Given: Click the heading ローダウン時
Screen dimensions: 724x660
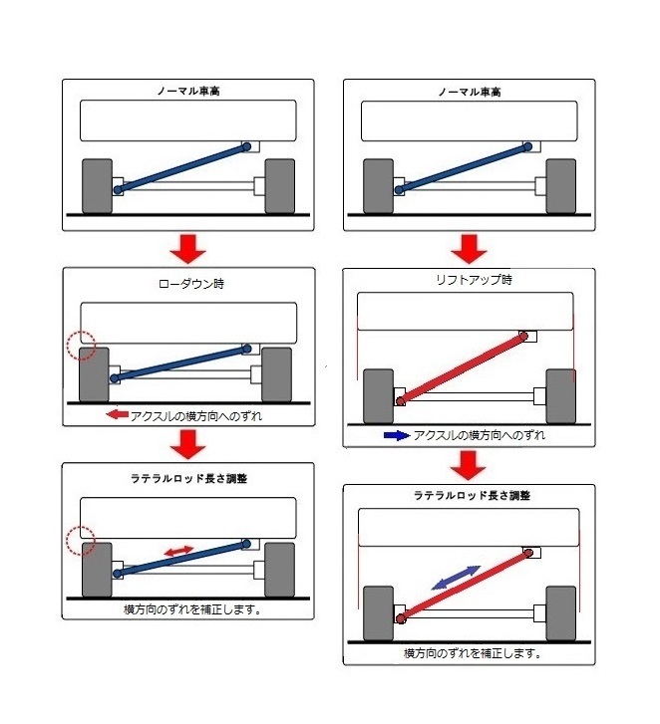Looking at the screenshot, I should pyautogui.click(x=188, y=283).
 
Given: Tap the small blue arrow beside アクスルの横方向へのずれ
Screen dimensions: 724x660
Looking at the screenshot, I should pyautogui.click(x=396, y=435).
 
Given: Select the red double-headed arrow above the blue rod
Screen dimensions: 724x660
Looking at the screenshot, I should pyautogui.click(x=178, y=551).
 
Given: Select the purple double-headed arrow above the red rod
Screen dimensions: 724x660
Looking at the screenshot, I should pyautogui.click(x=454, y=577).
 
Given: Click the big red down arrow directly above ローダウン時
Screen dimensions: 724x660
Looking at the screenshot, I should pyautogui.click(x=187, y=247).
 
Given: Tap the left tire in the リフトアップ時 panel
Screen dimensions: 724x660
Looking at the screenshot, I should pyautogui.click(x=378, y=395).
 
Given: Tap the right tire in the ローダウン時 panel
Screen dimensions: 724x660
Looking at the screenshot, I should pyautogui.click(x=276, y=372).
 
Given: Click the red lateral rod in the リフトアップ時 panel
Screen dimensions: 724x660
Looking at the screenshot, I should pyautogui.click(x=462, y=369).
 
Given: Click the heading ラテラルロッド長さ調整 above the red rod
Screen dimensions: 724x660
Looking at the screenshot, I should pyautogui.click(x=467, y=496).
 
